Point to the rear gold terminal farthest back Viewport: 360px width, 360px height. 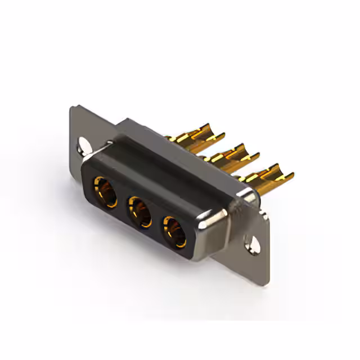(194, 136)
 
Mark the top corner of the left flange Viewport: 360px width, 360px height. (74, 107)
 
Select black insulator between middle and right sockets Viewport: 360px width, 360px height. (157, 223)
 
